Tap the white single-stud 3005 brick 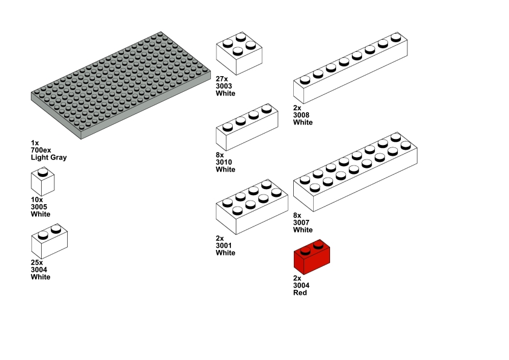pos(42,182)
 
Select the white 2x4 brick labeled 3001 pos(251,208)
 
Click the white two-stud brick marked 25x pos(49,241)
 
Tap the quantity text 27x pos(221,79)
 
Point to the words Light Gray pos(49,158)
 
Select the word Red pos(300,293)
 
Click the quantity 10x pos(37,200)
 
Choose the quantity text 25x pos(37,263)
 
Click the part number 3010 pos(225,162)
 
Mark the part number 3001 pos(225,246)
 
